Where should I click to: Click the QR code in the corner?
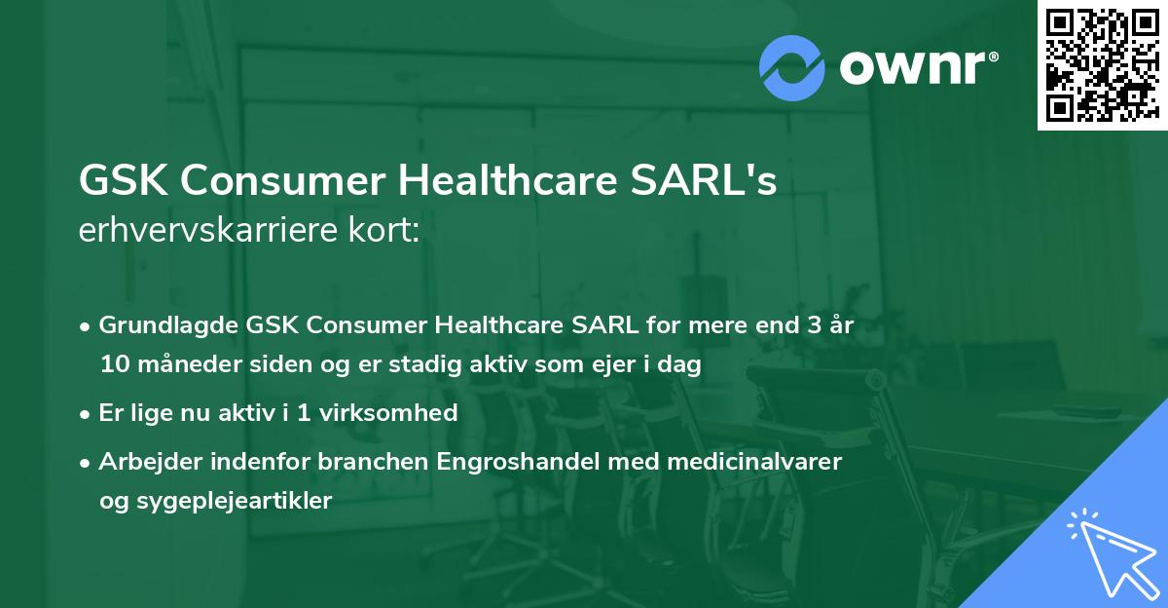click(x=1102, y=65)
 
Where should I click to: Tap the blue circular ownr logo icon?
click(x=792, y=67)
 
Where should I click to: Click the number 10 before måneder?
click(x=112, y=365)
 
